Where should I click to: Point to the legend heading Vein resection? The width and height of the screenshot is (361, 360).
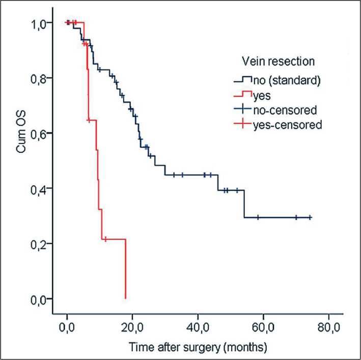click(277, 62)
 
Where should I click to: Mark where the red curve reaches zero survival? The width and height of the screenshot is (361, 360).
click(125, 298)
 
